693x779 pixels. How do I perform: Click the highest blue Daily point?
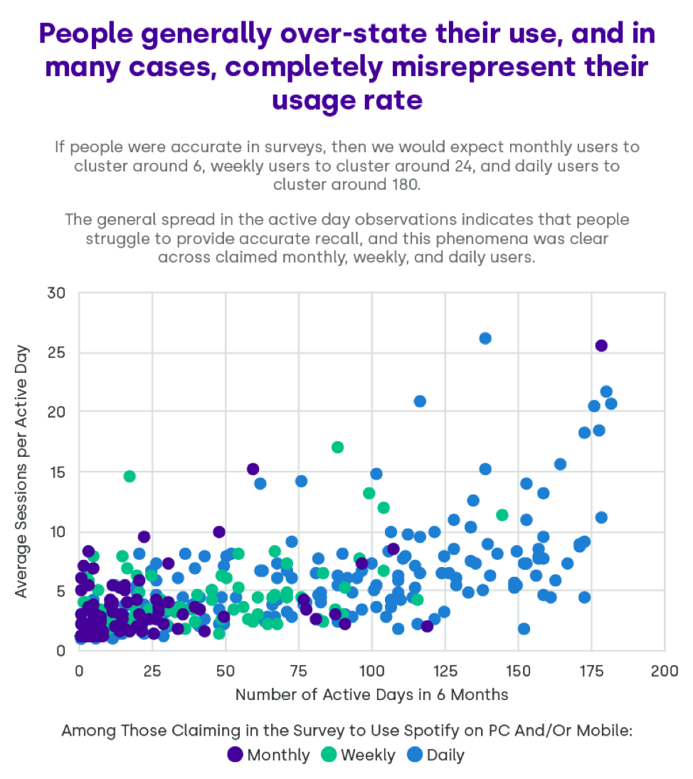pyautogui.click(x=485, y=339)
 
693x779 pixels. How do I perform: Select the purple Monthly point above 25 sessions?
pyautogui.click(x=601, y=346)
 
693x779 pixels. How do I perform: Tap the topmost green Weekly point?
pyautogui.click(x=338, y=447)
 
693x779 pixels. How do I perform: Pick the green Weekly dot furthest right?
pyautogui.click(x=502, y=515)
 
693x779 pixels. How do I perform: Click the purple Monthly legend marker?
pyautogui.click(x=235, y=754)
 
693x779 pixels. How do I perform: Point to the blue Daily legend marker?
pyautogui.click(x=415, y=754)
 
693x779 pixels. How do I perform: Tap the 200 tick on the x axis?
pyautogui.click(x=664, y=670)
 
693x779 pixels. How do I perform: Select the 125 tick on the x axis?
pyautogui.click(x=445, y=670)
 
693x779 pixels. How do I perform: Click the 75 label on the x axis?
pyautogui.click(x=298, y=670)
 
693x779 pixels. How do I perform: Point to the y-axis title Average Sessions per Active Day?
pyautogui.click(x=23, y=472)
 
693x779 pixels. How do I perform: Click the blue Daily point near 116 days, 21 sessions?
pyautogui.click(x=420, y=401)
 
